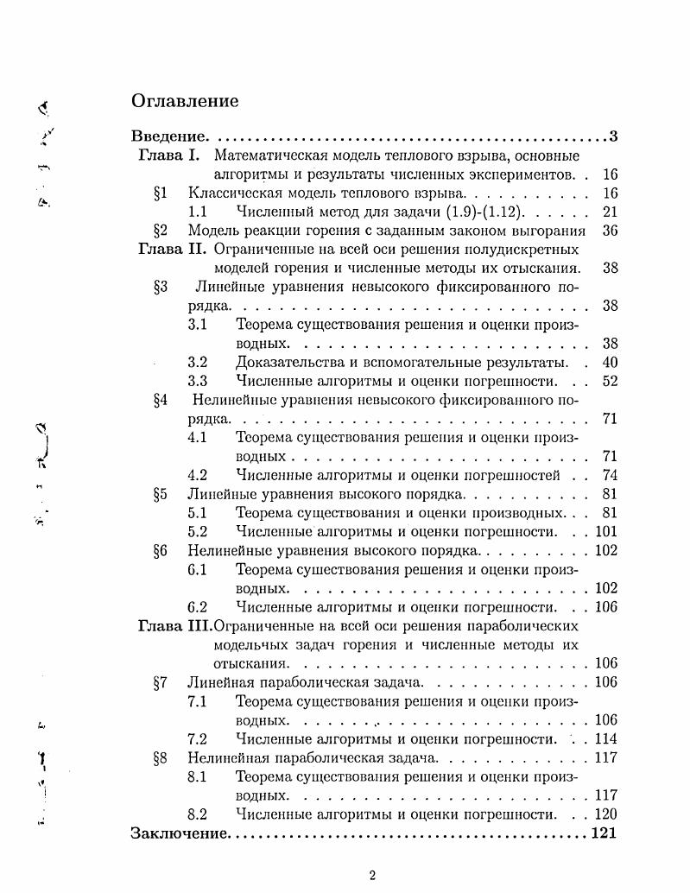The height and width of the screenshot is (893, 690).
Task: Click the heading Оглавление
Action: coord(185,101)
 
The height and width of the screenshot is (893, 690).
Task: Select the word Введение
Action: coord(168,136)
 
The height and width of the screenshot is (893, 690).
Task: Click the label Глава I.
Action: coord(169,155)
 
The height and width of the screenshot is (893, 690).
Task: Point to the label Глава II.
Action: coord(172,249)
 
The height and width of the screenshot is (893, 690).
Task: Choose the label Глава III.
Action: coord(174,625)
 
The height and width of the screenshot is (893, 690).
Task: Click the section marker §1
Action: coord(160,193)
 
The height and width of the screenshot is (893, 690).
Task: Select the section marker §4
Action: coord(160,400)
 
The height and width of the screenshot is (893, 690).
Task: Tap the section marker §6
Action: coord(160,550)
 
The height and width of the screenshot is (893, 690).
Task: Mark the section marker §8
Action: coord(160,757)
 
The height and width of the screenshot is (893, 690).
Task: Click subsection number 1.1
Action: coord(197,212)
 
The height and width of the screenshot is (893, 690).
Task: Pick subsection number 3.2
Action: coord(197,362)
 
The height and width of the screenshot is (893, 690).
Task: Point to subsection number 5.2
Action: coord(197,531)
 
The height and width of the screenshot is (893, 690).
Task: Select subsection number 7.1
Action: coord(197,700)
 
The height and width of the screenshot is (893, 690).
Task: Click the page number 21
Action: coord(610,212)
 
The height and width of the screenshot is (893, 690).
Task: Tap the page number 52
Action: coord(610,381)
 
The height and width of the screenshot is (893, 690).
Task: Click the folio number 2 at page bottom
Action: coord(372,875)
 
